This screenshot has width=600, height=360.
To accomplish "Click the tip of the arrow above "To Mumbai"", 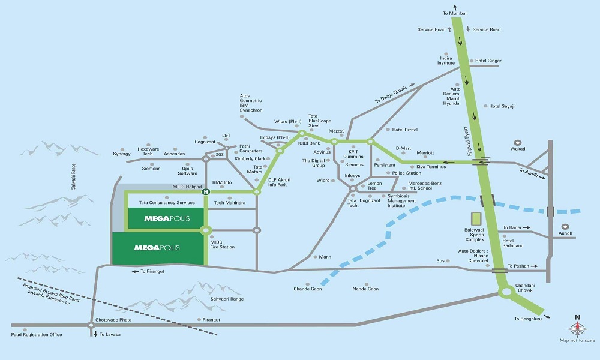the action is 455,5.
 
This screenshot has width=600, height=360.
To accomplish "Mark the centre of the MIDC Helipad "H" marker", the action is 206,191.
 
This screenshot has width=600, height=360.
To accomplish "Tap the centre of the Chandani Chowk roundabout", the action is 506,292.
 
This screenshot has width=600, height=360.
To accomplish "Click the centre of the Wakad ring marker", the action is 518,143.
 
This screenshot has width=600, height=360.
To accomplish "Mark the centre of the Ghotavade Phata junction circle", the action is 91,325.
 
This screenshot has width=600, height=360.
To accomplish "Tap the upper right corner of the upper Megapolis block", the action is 203,208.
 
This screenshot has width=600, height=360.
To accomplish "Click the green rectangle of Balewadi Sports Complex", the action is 476,219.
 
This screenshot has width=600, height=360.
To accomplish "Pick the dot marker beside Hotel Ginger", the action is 470,61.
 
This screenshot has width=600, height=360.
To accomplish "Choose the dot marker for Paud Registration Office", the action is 25,329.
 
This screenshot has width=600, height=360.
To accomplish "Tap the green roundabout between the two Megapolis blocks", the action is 206,230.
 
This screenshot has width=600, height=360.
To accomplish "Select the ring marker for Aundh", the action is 565,227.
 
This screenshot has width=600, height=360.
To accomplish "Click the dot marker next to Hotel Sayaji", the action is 485,106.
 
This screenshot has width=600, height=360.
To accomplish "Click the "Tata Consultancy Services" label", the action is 167,202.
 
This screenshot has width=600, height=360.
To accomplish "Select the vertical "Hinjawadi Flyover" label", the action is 467,141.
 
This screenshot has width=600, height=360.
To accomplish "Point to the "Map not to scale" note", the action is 577,340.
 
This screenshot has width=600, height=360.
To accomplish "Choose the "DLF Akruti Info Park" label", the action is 279,182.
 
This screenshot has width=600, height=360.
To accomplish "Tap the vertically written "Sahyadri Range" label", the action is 73,176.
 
